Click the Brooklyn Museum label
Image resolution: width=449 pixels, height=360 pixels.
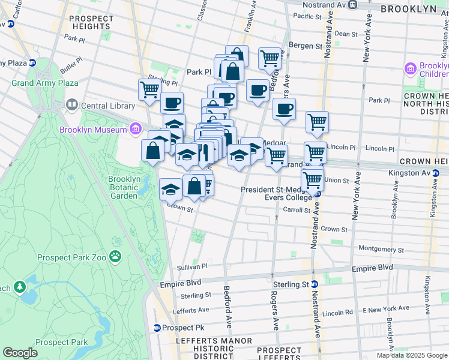(x=92, y=129)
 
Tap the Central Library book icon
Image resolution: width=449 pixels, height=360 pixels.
(x=71, y=106)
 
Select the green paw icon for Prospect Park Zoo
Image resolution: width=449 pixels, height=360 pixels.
(x=115, y=257)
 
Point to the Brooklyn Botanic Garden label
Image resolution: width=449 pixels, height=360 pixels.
(x=124, y=187)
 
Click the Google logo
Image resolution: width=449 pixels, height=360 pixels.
(x=20, y=353)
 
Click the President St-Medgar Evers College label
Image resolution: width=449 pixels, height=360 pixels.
(x=277, y=193)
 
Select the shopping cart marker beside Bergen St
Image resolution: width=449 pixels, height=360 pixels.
(x=270, y=59)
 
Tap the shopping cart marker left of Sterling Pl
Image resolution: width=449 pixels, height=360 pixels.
(x=149, y=90)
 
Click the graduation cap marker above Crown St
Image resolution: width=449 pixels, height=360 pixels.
(x=170, y=190)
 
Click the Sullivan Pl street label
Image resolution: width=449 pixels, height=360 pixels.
(x=191, y=266)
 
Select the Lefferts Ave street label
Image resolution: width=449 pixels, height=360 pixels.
(x=190, y=310)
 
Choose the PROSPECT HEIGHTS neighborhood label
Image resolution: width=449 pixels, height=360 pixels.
(x=91, y=23)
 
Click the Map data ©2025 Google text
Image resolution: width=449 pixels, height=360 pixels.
(x=411, y=355)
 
